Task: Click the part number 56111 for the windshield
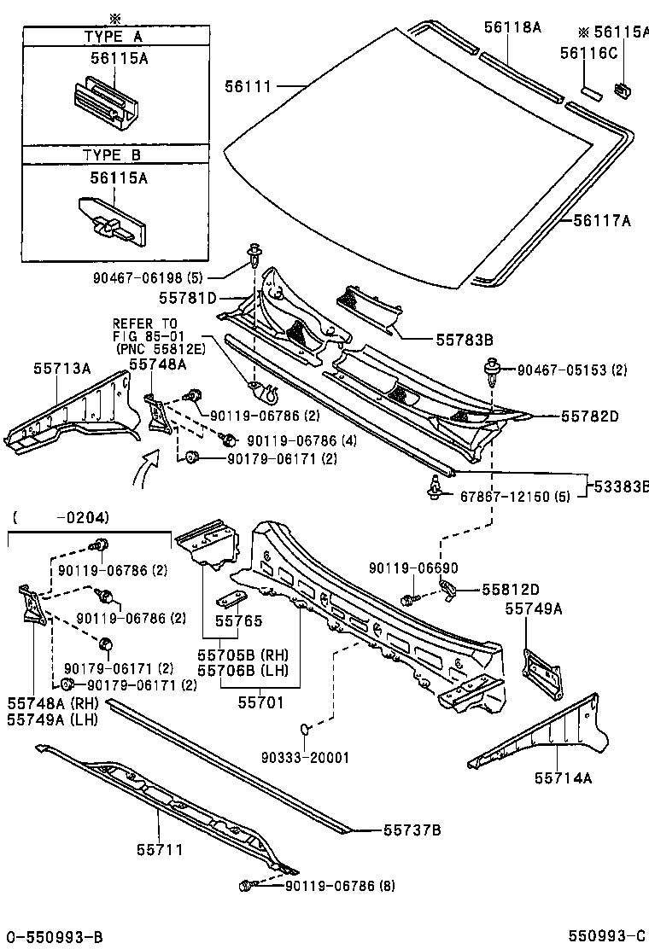tap(248, 86)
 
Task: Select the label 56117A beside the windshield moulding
tap(602, 221)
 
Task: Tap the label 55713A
tap(61, 368)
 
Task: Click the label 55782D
tap(590, 416)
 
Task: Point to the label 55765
tap(238, 622)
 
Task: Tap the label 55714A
tap(564, 777)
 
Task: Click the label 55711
tap(160, 850)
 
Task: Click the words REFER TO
tap(145, 323)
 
